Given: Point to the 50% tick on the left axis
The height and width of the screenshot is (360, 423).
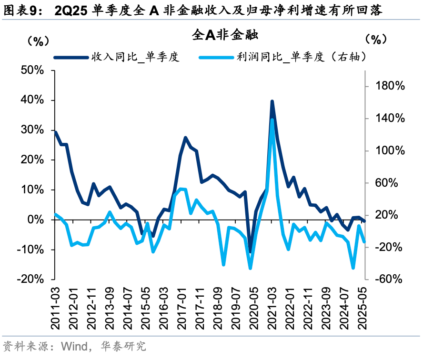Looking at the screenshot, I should coord(32,70).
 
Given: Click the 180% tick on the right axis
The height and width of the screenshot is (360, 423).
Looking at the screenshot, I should coord(391,86).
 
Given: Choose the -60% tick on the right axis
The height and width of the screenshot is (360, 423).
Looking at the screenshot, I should coord(391,279).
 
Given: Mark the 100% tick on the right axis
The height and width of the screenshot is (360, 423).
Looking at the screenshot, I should coord(391,150).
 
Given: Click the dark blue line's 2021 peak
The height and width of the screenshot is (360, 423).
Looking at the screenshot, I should coord(272,101).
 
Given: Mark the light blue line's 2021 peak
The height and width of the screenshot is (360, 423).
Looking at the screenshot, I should coord(272,120).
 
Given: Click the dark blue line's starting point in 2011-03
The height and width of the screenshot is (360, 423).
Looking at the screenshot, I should coord(55,132).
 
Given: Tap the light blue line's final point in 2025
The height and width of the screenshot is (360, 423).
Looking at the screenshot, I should coord(364,242).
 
